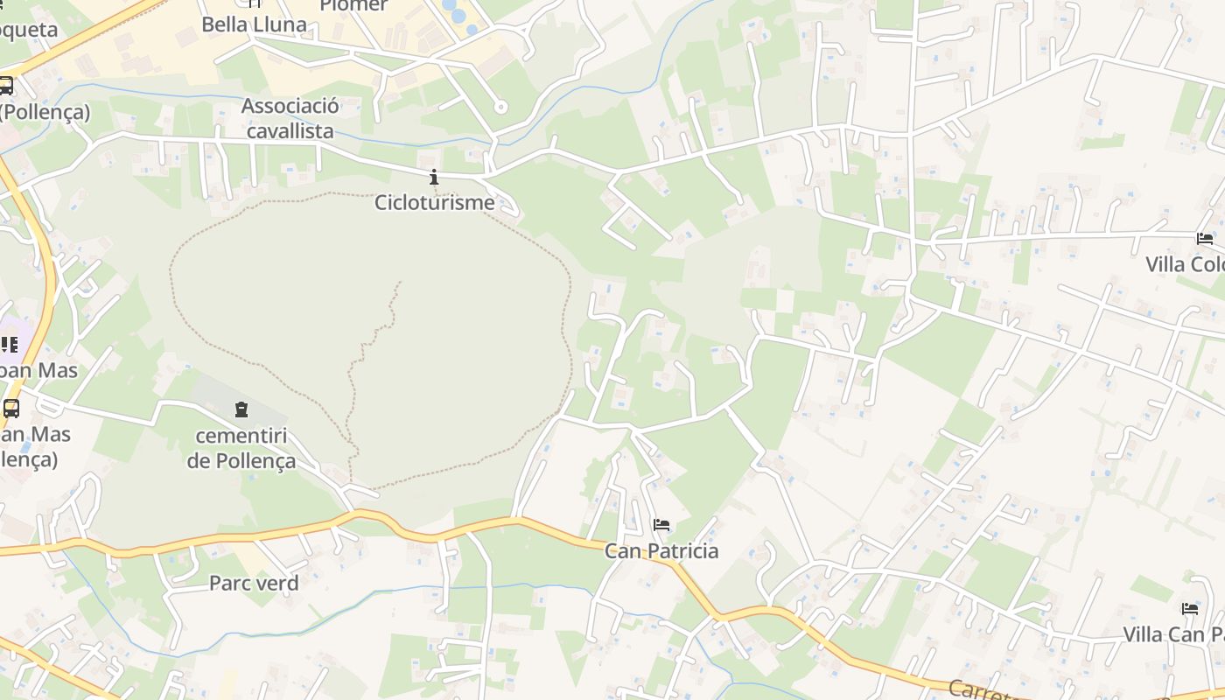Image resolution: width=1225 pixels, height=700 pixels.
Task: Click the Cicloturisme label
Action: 434,203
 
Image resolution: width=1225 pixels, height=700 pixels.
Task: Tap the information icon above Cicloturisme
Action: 434,178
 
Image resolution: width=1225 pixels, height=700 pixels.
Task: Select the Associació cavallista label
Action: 290,119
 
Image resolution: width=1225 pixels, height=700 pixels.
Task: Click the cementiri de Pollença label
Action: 241,448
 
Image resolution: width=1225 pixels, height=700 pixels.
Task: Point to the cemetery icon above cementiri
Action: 241,409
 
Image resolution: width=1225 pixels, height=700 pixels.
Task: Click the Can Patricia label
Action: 661,550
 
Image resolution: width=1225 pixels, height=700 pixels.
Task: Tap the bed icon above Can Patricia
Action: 661,525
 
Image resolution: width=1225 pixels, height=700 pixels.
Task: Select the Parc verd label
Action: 254,583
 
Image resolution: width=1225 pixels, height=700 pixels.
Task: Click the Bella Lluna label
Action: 254,24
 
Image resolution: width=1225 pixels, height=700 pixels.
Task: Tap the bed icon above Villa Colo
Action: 1205,238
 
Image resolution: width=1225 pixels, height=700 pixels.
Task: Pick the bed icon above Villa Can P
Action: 1190,608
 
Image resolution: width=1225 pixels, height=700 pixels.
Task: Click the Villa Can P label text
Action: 1173,634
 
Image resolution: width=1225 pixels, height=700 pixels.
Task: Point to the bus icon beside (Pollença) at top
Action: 6,86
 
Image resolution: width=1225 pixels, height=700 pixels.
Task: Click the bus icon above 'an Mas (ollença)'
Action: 11,409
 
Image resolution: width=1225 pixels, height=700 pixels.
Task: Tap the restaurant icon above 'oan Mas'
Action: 10,344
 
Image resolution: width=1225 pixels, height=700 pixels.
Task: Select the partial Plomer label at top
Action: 353,6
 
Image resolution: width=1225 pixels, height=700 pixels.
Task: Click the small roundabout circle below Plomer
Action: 500,108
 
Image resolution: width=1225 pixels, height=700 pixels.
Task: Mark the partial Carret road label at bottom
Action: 980,689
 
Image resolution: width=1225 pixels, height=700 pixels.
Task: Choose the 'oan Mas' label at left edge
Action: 38,370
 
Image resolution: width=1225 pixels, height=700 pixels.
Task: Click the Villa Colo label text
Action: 1185,264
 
